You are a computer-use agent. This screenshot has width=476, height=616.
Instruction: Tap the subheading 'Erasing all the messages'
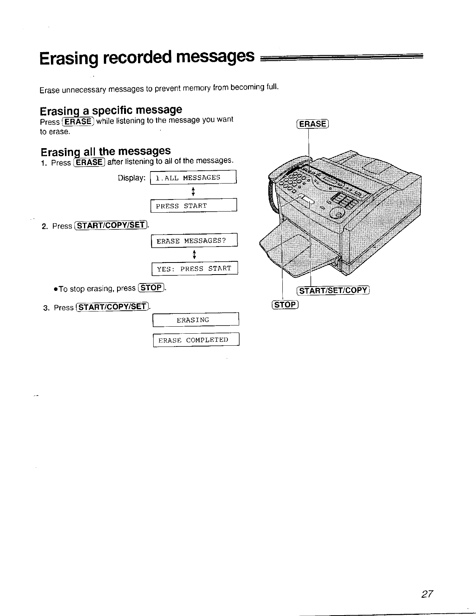click(x=106, y=150)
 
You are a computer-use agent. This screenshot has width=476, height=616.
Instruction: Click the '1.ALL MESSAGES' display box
click(x=193, y=178)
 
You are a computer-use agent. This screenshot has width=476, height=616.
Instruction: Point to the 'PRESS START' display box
click(x=193, y=206)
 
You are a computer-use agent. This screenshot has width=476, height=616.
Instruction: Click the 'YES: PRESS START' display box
click(x=194, y=269)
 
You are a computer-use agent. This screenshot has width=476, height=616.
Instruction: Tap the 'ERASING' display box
click(x=196, y=320)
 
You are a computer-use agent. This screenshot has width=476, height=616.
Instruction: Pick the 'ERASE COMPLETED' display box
click(x=196, y=340)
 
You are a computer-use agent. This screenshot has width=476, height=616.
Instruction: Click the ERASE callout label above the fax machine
click(x=313, y=124)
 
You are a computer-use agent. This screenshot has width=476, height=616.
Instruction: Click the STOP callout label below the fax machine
click(x=285, y=304)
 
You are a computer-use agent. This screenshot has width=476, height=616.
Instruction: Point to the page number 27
click(x=427, y=594)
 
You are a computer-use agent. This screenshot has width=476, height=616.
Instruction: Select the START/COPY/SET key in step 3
click(x=113, y=307)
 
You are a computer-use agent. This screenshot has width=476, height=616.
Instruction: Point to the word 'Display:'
click(x=132, y=178)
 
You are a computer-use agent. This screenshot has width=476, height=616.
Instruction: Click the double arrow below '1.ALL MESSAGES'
click(x=193, y=192)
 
